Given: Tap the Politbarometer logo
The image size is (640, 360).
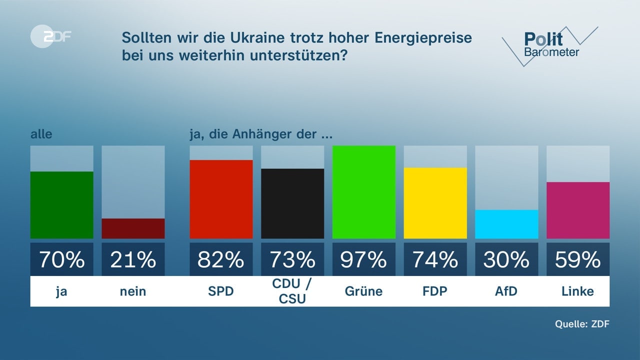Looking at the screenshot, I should tap(550, 45).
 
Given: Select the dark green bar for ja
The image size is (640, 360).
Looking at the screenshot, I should tap(62, 205).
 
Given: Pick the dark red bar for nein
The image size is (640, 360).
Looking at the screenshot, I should tap(133, 228).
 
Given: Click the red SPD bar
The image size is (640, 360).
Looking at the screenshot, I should tap(221, 199).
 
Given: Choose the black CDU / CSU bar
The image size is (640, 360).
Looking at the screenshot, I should tap(292, 203).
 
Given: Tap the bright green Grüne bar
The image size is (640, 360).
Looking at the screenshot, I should tap(364, 192).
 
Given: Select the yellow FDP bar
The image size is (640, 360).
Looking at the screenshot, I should tap(435, 203).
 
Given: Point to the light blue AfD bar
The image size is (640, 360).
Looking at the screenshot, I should tap(506, 224).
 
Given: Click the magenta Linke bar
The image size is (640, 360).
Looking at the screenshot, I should tap(578, 210).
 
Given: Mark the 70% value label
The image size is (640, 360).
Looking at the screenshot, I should tap(62, 259).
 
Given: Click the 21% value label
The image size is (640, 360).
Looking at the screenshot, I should tap(133, 259).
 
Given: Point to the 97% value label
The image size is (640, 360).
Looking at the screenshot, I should tap(364, 259).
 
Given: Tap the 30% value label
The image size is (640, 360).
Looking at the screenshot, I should tap(506, 259).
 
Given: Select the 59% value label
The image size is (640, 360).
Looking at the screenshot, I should tap(578, 259).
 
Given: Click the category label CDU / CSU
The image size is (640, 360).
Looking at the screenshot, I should tap(292, 291).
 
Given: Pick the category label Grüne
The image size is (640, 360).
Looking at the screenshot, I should tap(364, 291).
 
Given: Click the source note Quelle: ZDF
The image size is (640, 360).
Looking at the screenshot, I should tap(582, 324).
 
